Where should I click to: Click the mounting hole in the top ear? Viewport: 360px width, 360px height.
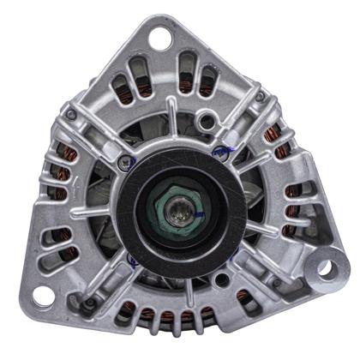tap(159, 38)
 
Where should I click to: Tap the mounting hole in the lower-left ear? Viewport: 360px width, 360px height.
tap(44, 296)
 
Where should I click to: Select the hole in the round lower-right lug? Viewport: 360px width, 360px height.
tap(324, 267)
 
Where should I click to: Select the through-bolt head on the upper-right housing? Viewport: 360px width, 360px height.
tap(260, 97)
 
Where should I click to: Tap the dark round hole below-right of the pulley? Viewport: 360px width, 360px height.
tap(223, 279)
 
